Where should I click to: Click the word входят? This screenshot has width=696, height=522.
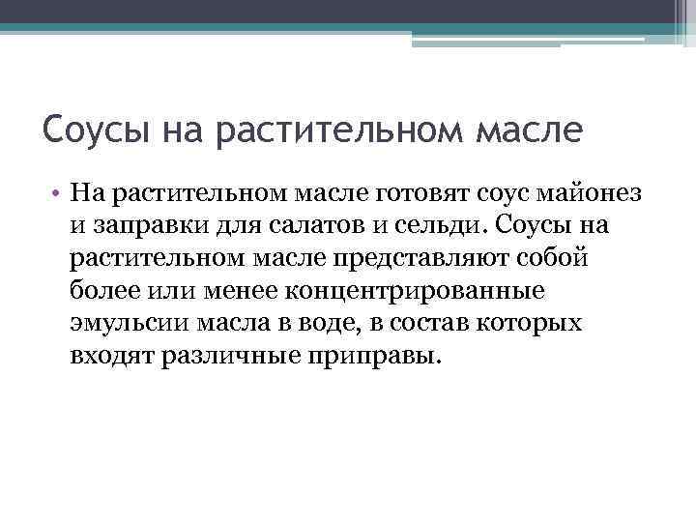114,356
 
